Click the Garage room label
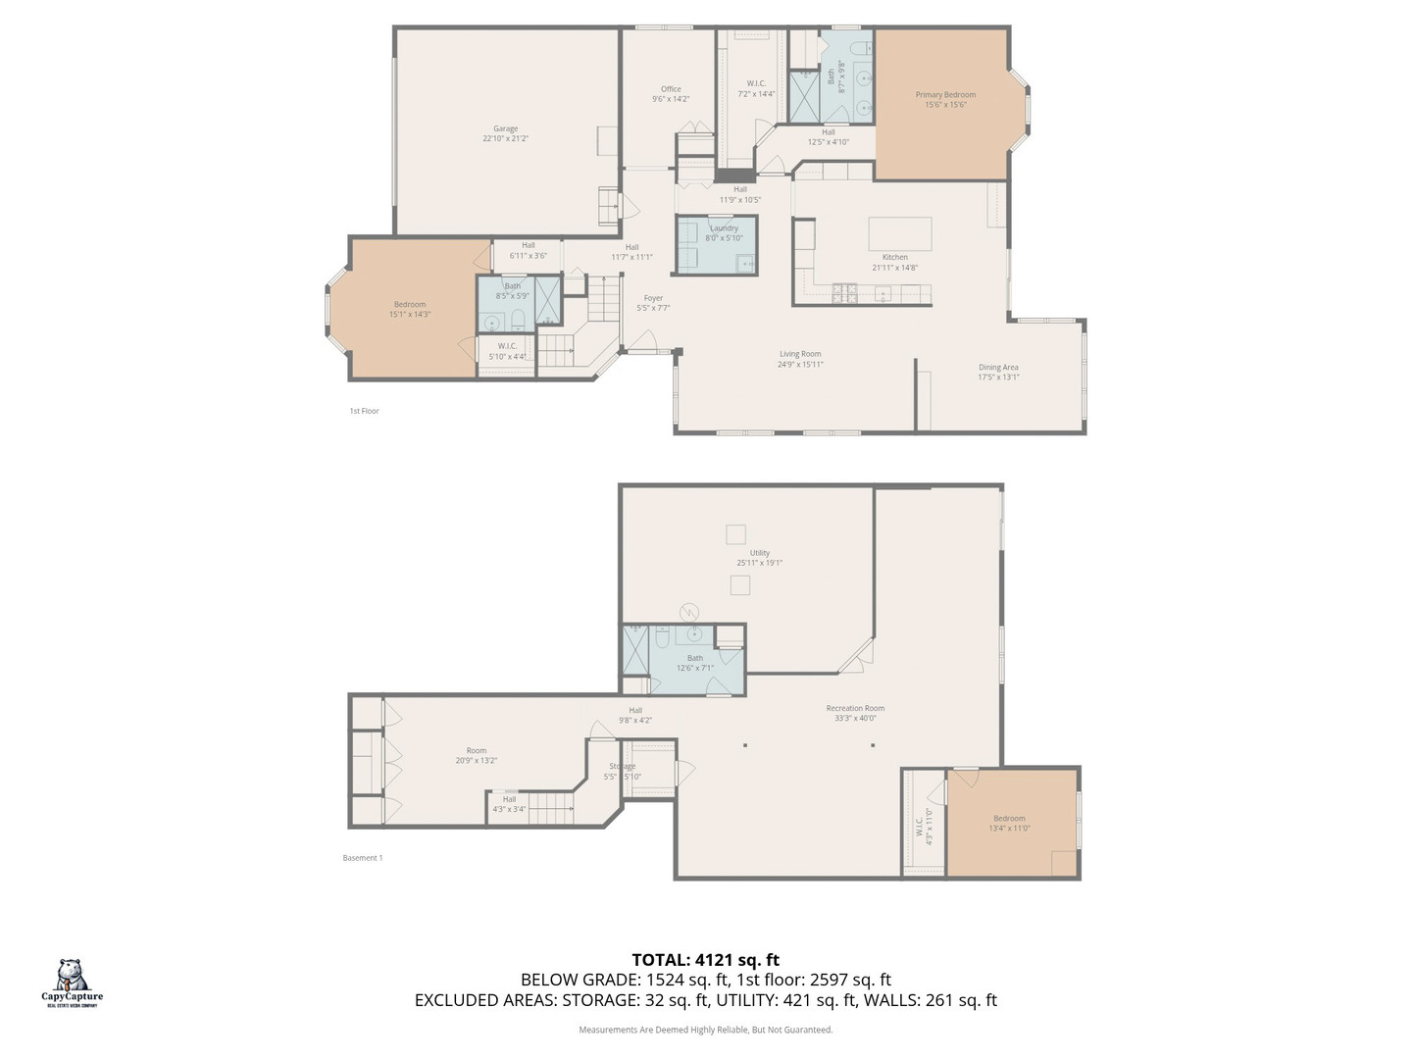click(x=505, y=129)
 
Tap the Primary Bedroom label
click(x=945, y=95)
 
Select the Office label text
click(x=671, y=89)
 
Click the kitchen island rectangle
click(x=899, y=234)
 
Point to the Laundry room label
click(x=724, y=228)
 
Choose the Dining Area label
click(x=998, y=368)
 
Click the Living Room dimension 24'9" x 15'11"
click(x=800, y=365)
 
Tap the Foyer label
click(x=653, y=298)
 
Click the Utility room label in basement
click(x=760, y=553)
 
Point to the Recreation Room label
click(x=855, y=708)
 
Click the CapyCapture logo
click(x=72, y=982)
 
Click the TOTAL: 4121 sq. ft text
click(x=705, y=960)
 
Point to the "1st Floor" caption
click(x=364, y=411)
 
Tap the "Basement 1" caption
click(x=362, y=858)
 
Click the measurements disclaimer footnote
click(x=705, y=1030)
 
